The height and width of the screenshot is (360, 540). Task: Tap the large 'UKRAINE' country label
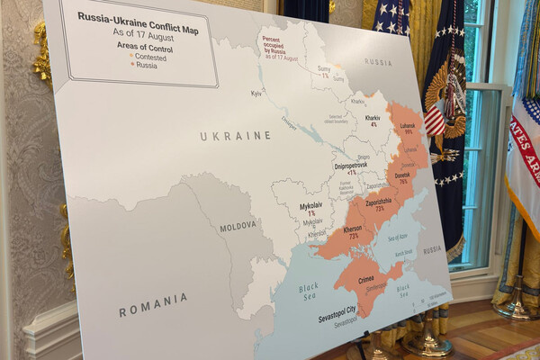pos(235,135)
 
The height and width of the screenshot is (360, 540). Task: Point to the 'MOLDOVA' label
pos(238,227)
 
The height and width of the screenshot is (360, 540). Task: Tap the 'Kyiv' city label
pos(256,94)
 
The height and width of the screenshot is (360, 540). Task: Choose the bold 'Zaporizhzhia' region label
pos(377,202)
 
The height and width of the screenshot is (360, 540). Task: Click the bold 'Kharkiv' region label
pos(372,118)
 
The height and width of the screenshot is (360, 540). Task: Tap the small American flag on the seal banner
pos(435,118)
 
